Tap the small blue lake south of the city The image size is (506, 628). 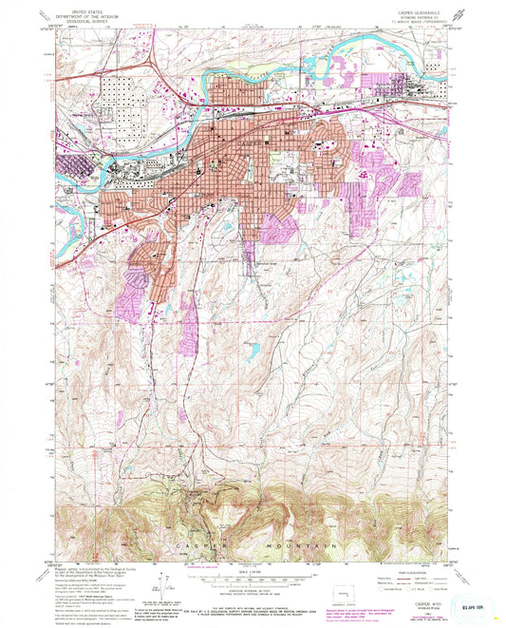(x=254, y=351)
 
